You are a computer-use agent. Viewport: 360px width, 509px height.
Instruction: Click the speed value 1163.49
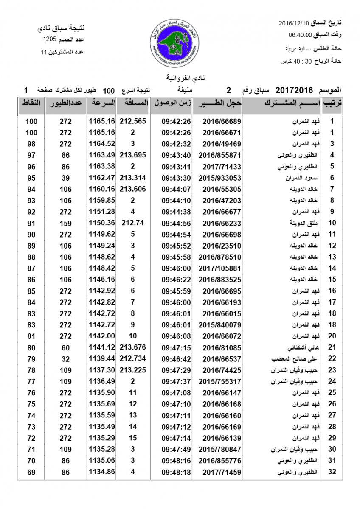tap(102, 155)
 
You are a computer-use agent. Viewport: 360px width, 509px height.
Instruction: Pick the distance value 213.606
tap(133, 189)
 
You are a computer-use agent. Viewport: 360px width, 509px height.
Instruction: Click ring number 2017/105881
tap(219, 268)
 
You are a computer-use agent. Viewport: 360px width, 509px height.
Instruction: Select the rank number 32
tap(332, 472)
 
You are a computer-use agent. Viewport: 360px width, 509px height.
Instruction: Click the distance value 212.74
tap(133, 223)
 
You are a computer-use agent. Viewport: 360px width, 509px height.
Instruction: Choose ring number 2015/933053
tap(219, 178)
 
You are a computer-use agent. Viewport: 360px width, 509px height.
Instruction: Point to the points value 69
tap(31, 472)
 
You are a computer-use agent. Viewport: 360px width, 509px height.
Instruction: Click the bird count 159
tap(65, 223)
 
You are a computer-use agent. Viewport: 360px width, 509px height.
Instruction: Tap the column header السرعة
tap(102, 103)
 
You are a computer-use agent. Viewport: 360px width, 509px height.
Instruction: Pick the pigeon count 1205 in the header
tap(50, 39)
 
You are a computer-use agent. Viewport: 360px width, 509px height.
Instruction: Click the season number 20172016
tap(294, 90)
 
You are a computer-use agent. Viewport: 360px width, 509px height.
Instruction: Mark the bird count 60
tap(65, 348)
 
